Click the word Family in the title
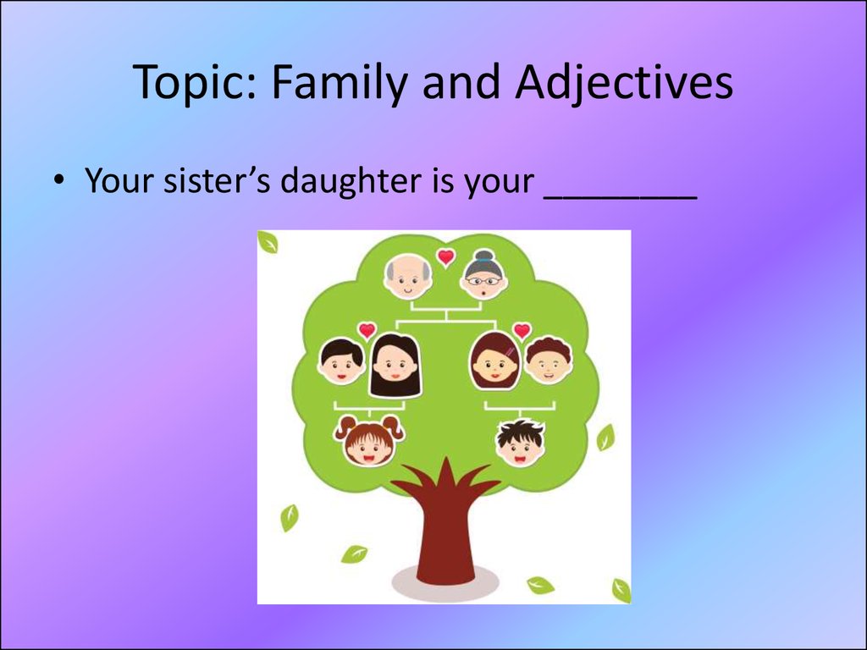(x=340, y=82)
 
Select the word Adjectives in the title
(x=624, y=82)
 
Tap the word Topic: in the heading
(x=196, y=82)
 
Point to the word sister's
(x=217, y=180)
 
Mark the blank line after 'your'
(x=620, y=197)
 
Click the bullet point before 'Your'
(x=58, y=180)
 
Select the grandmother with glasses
(x=483, y=275)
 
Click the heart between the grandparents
(x=445, y=257)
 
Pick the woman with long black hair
(x=395, y=366)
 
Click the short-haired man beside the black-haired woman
(x=341, y=361)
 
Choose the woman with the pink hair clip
(x=494, y=360)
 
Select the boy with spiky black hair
(x=521, y=442)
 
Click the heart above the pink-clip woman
(x=522, y=331)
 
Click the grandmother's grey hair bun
(x=483, y=256)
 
